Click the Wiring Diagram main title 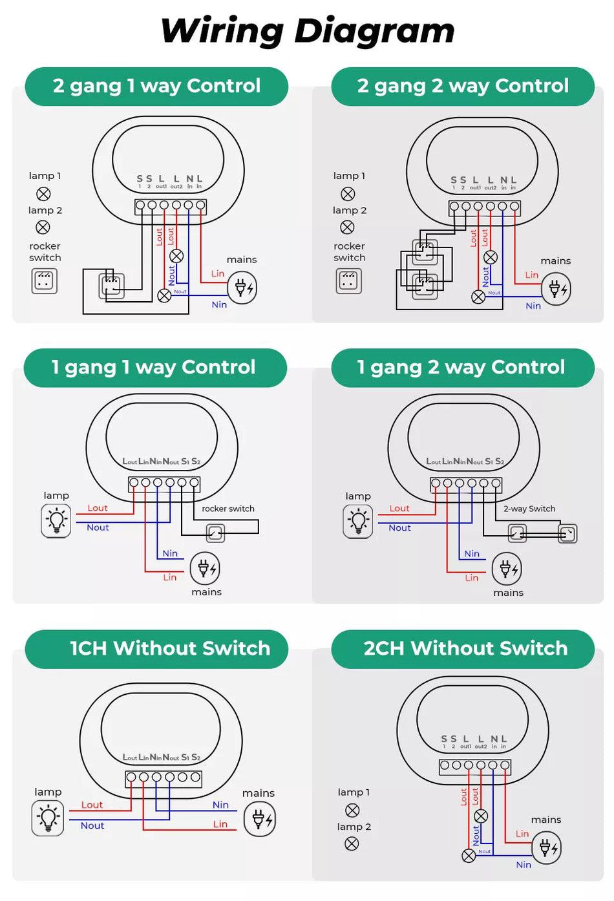[308, 31]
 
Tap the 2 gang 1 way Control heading [156, 86]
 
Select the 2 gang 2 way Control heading [463, 86]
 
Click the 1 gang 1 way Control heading [154, 367]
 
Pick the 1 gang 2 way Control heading [461, 367]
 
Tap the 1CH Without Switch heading [169, 648]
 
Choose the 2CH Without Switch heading [465, 648]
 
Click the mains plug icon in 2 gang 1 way [242, 288]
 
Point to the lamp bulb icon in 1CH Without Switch [48, 818]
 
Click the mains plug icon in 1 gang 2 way [507, 569]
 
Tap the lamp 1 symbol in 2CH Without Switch [352, 810]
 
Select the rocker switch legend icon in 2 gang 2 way [349, 281]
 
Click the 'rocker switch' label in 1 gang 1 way [228, 509]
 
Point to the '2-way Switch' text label [529, 509]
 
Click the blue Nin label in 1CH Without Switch [220, 805]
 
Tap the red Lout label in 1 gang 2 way [399, 509]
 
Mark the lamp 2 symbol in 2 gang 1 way [43, 227]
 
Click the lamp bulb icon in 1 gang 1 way [56, 520]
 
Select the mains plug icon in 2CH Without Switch [546, 847]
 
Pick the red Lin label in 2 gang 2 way [532, 275]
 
